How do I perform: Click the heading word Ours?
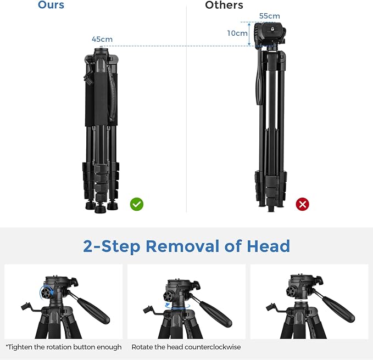[51, 5]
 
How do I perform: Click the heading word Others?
[224, 5]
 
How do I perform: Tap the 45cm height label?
[102, 39]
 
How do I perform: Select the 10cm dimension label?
[237, 33]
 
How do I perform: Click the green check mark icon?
[137, 204]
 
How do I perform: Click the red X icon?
[302, 204]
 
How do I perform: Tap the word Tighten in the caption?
[20, 347]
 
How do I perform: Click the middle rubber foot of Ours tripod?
[101, 209]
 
